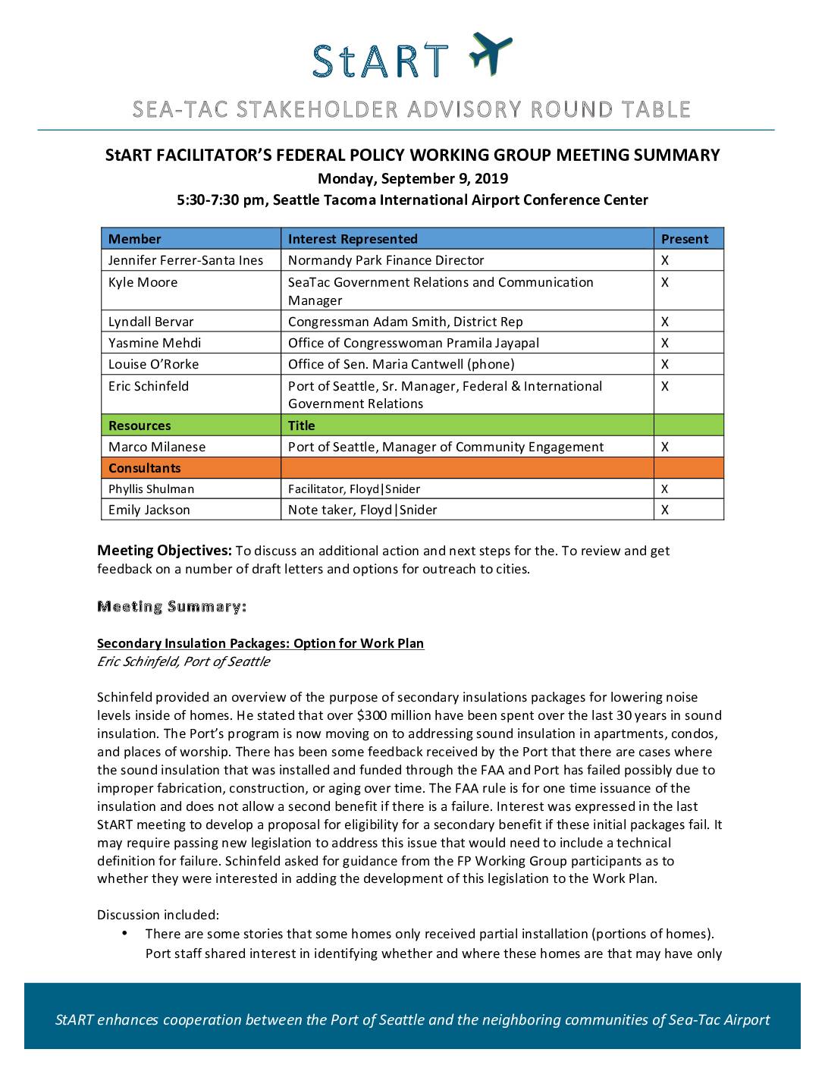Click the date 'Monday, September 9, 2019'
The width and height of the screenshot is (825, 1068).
point(412,179)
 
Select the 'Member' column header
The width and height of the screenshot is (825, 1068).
point(134,239)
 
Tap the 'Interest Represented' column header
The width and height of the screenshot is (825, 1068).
point(353,239)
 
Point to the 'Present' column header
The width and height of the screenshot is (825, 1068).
point(685,239)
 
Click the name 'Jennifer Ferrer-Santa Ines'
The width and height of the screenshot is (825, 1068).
point(186,260)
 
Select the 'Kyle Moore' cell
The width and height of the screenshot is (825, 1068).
point(143,282)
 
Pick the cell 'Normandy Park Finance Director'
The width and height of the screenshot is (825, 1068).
point(386,260)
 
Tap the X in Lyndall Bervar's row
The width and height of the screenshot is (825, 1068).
point(665,322)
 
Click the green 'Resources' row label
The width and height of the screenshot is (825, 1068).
point(140,426)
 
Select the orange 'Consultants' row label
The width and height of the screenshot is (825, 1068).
point(145,468)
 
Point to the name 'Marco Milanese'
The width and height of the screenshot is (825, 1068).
point(157,447)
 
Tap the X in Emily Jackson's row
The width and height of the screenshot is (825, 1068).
point(665,510)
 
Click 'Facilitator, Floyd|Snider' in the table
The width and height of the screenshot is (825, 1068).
point(354,489)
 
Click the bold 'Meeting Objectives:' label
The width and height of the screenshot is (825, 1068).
point(165,550)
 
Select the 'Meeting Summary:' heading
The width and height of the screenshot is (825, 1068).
point(171,606)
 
